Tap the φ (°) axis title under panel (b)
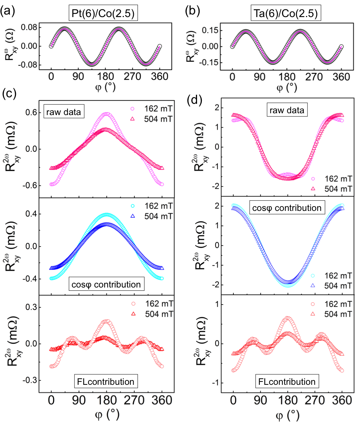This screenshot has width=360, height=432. point(287,87)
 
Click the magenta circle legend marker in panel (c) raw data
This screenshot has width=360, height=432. point(133,108)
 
